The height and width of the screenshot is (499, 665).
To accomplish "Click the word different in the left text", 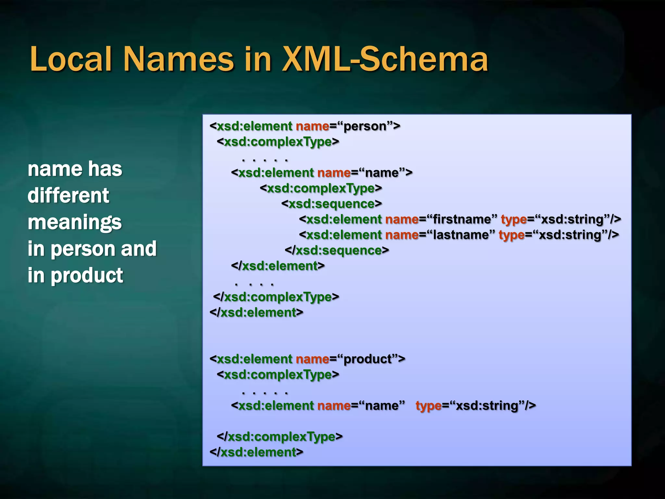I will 68,196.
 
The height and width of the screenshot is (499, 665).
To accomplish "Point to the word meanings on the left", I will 75,223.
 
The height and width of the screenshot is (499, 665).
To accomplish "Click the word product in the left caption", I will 87,275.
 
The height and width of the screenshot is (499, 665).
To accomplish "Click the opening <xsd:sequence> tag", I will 332,204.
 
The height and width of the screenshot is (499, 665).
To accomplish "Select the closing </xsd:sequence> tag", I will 337,250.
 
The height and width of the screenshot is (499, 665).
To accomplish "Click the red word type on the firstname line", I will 514,220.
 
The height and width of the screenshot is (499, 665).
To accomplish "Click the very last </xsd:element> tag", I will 256,452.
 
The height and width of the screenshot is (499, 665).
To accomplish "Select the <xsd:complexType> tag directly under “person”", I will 278,142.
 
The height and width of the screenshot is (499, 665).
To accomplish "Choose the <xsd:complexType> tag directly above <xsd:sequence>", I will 321,188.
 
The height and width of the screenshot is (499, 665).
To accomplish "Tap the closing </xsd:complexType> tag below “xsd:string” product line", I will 280,437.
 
